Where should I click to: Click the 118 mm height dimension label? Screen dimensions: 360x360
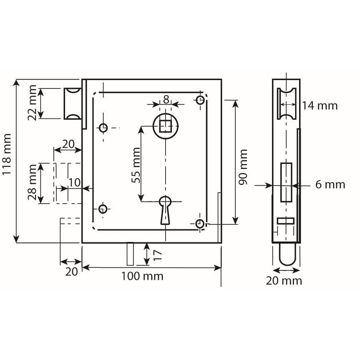pos(7,154)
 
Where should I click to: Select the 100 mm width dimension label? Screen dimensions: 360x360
pos(142,276)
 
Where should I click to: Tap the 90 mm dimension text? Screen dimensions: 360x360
pos(243,167)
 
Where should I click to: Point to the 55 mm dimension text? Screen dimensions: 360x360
pos(136,165)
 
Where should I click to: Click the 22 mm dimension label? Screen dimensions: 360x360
pos(32,103)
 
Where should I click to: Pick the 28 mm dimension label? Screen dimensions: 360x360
pos(32,182)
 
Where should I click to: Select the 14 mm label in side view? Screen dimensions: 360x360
pos(320,106)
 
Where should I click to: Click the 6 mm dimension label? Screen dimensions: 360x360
pos(330,185)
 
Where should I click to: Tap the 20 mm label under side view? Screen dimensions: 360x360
pos(284,281)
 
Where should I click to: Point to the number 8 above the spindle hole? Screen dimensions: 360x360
pos(166,100)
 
